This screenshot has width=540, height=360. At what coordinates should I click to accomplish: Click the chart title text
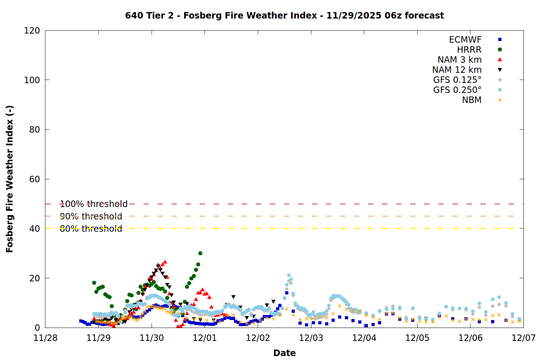284,15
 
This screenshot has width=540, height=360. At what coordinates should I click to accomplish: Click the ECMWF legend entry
465,40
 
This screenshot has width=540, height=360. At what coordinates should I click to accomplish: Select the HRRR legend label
469,50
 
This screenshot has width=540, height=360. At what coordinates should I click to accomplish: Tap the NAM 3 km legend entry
459,60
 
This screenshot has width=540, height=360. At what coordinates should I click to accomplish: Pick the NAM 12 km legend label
457,70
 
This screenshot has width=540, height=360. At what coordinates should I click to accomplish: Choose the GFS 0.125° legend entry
457,80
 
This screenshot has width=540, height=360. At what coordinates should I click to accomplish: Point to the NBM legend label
472,100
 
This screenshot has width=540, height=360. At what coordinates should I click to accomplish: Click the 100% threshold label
94,204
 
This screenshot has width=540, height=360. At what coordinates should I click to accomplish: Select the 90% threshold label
91,216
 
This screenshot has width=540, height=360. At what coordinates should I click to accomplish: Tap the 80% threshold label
91,229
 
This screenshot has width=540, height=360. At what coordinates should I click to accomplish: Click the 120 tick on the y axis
32,31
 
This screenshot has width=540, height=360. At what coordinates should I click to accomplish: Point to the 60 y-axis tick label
35,179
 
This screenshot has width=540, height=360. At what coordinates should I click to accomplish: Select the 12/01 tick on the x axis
205,338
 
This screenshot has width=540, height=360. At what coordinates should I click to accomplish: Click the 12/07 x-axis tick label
523,338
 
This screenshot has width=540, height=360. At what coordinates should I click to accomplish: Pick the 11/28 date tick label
45,338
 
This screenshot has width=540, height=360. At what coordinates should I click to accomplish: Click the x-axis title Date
284,353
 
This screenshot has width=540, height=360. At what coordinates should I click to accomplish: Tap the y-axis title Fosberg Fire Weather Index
10,179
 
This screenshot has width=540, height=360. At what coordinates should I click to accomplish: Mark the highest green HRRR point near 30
200,253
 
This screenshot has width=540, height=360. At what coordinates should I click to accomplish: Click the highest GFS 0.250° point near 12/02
289,275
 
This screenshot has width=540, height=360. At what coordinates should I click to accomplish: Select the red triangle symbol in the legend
500,60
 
